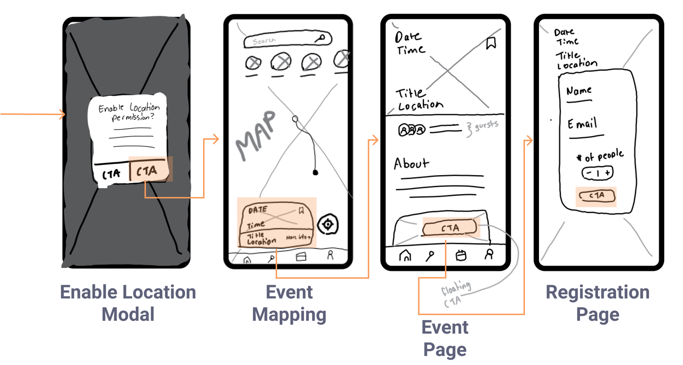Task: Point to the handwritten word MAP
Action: tap(255, 135)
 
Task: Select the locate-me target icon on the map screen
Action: tap(328, 224)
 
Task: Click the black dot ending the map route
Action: tap(315, 172)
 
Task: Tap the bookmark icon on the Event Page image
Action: tap(491, 43)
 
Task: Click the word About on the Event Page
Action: tap(411, 163)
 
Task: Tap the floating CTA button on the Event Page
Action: tap(450, 227)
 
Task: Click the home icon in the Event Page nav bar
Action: tap(405, 255)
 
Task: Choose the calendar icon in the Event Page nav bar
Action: tap(461, 255)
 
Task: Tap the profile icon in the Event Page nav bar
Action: tap(489, 254)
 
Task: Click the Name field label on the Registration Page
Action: tap(579, 91)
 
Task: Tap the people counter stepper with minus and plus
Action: tap(597, 173)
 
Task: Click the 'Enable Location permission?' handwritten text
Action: tap(129, 112)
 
